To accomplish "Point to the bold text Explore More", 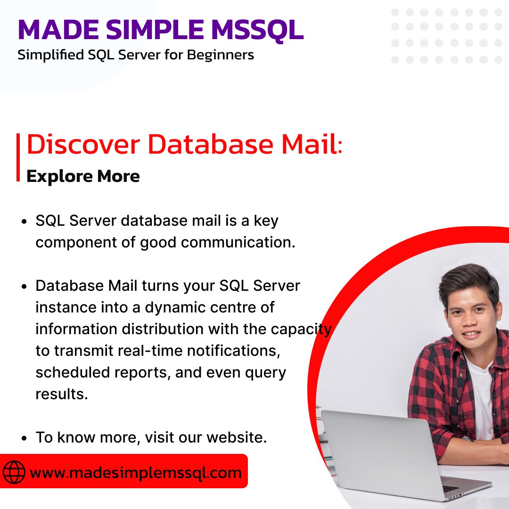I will tap(83, 176).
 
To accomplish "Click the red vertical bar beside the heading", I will tap(18, 157).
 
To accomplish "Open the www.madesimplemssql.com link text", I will tap(136, 472).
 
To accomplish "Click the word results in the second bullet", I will tap(61, 394).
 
